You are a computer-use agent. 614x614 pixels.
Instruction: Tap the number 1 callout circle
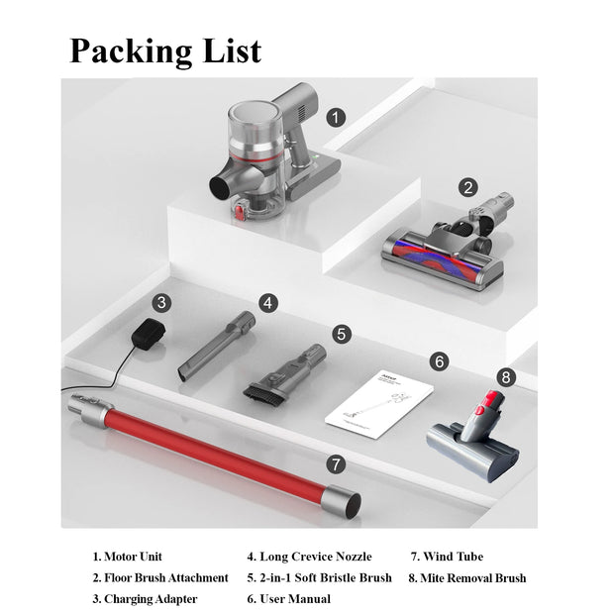[337, 118]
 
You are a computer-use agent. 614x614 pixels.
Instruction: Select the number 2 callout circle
[468, 186]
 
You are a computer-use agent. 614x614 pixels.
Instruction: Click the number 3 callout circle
[162, 303]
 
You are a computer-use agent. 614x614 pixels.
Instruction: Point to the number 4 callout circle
[269, 303]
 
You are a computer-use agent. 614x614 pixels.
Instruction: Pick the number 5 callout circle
[342, 334]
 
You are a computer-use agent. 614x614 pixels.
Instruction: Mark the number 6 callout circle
[440, 361]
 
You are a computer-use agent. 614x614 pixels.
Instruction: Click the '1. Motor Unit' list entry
[128, 557]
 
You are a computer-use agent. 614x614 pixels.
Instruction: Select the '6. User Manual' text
[289, 598]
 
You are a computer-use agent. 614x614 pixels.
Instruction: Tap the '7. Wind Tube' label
[447, 557]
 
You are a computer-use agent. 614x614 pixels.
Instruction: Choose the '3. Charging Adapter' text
[146, 598]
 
